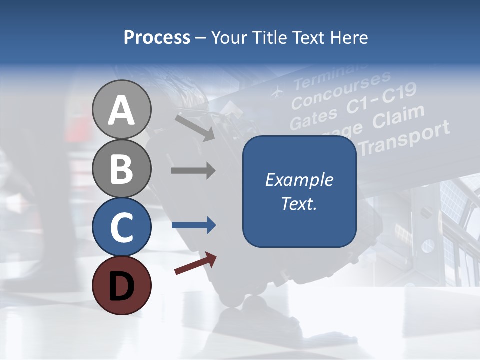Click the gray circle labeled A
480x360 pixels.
pyautogui.click(x=122, y=109)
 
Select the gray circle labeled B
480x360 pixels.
pyautogui.click(x=122, y=168)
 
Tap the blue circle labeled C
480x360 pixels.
pyautogui.click(x=122, y=226)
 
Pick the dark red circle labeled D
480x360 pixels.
pyautogui.click(x=122, y=285)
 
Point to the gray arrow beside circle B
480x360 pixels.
pyautogui.click(x=193, y=171)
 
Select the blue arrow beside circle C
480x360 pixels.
pyautogui.click(x=193, y=225)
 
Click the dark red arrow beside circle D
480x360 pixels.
pyautogui.click(x=195, y=263)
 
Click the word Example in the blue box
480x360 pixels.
pyautogui.click(x=299, y=180)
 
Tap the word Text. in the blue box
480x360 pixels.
pyautogui.click(x=299, y=203)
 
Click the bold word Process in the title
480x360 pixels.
pyautogui.click(x=157, y=37)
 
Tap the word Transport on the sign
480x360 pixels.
pyautogui.click(x=405, y=137)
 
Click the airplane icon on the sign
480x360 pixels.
pyautogui.click(x=276, y=92)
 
